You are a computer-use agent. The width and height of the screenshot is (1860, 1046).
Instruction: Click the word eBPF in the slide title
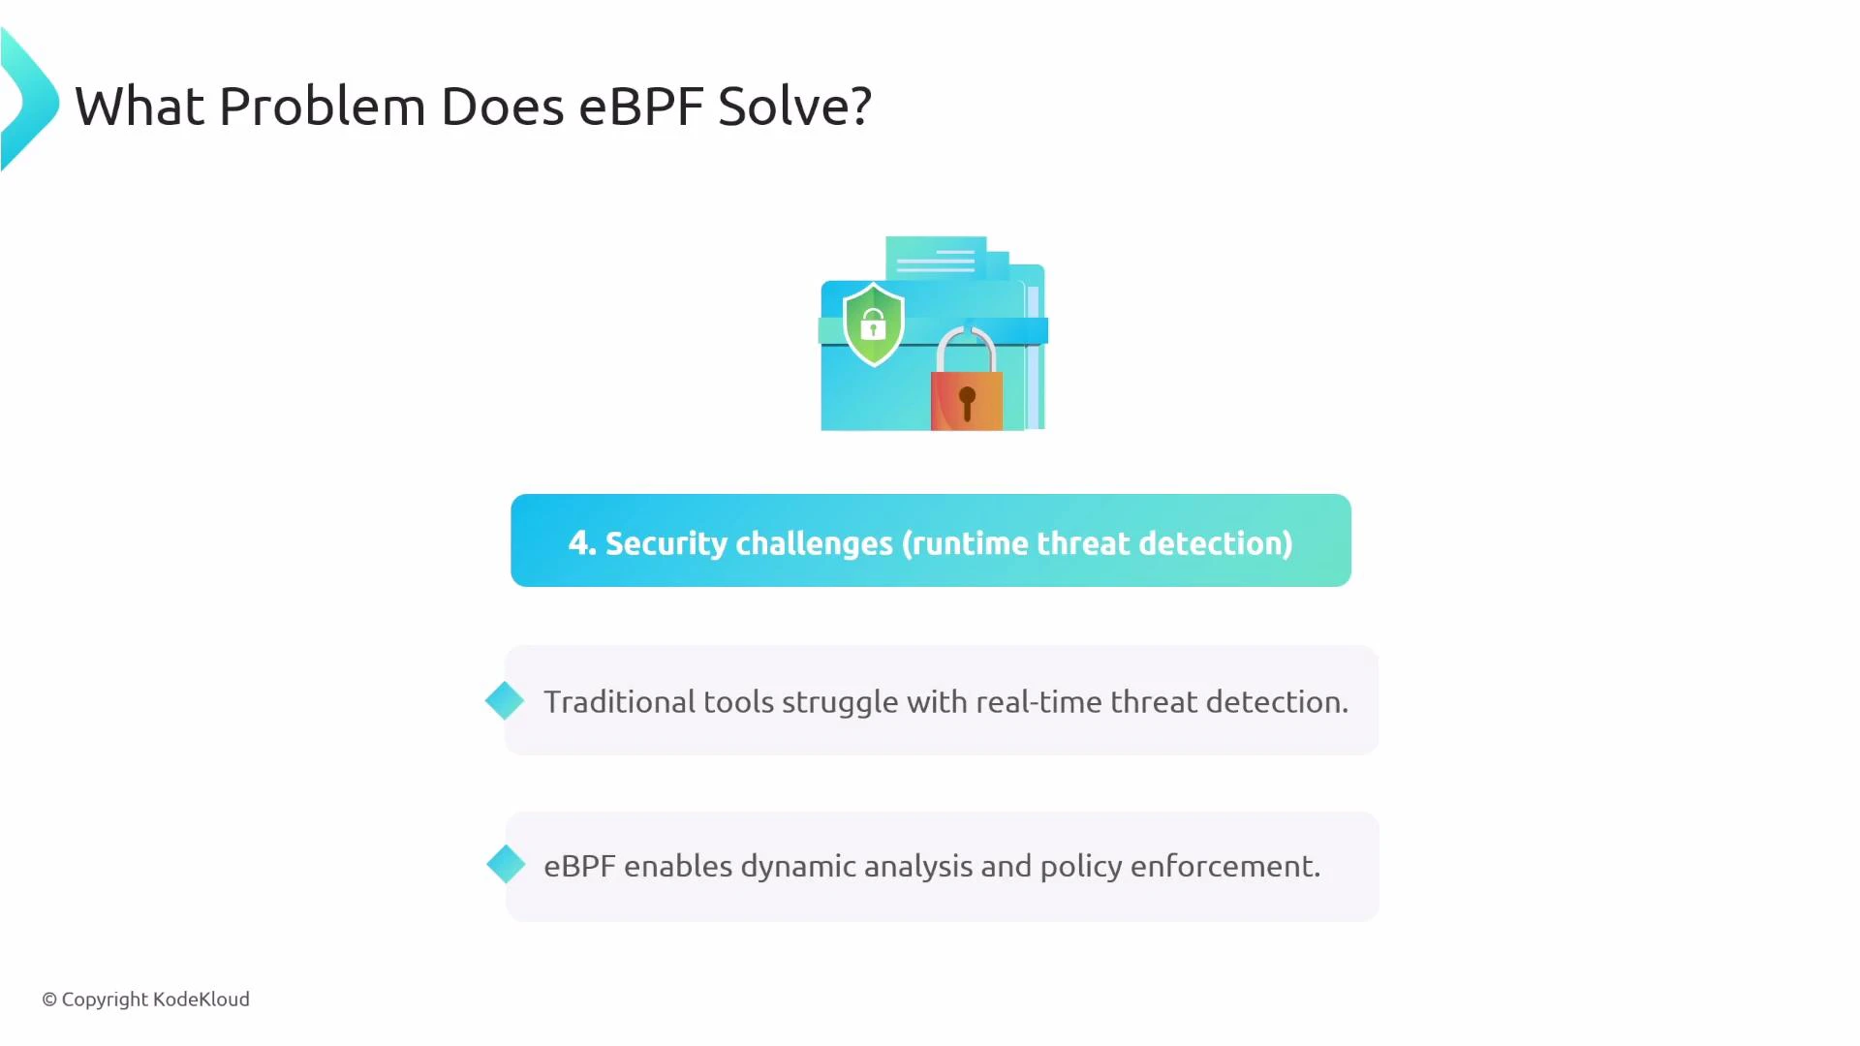pyautogui.click(x=640, y=107)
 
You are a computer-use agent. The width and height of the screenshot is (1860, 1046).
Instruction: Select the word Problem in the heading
pyautogui.click(x=322, y=107)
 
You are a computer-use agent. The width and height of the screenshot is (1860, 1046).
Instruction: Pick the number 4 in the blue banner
pyautogui.click(x=579, y=542)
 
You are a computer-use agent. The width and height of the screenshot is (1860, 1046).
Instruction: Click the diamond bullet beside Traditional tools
pyautogui.click(x=505, y=700)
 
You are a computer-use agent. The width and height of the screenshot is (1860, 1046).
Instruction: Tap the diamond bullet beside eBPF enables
pyautogui.click(x=506, y=864)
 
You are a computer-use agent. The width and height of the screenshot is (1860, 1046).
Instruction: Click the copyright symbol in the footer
pyautogui.click(x=49, y=1000)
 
